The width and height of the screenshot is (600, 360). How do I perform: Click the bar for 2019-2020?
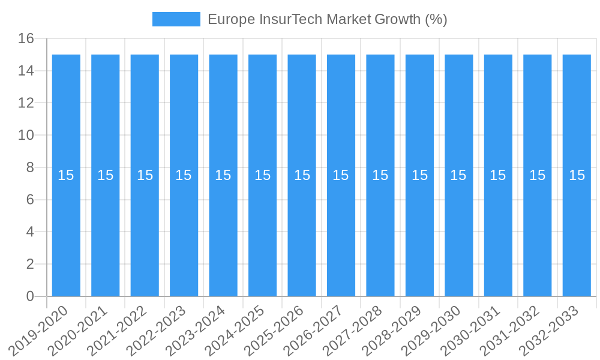(x=66, y=120)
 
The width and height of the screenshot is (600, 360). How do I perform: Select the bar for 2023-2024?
(x=223, y=120)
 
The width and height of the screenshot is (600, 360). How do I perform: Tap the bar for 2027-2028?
(x=380, y=120)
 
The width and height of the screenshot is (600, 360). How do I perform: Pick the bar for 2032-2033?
(x=577, y=120)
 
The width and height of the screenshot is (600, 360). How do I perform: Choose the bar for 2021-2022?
(x=145, y=120)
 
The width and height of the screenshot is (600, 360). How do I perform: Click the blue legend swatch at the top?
(x=176, y=19)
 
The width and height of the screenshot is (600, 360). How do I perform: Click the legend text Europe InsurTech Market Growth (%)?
(x=327, y=19)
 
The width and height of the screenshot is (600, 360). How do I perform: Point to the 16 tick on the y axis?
(x=26, y=38)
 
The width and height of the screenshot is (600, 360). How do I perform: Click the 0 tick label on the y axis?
(x=30, y=296)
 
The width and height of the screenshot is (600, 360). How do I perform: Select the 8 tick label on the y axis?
(x=30, y=167)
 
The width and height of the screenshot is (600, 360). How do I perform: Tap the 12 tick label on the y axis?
(x=26, y=103)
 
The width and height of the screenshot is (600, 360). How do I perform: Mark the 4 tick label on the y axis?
(x=30, y=232)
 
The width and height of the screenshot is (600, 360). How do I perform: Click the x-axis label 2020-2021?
(x=78, y=331)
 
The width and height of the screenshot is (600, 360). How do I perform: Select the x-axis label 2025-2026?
(x=274, y=331)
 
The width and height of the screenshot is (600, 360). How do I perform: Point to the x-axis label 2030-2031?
(x=470, y=331)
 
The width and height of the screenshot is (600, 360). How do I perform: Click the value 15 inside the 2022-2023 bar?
(x=184, y=175)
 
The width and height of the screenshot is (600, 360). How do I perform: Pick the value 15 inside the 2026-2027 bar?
(x=341, y=175)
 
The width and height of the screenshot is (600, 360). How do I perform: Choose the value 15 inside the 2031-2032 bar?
(x=537, y=175)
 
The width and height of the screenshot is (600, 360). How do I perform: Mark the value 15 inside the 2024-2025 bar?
(x=262, y=175)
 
